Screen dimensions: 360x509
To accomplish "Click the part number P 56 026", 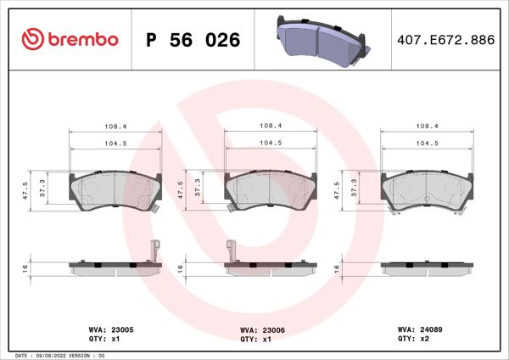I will pos(193,40).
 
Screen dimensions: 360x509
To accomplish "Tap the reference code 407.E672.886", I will pos(445,40).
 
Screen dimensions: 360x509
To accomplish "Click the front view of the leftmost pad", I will pos(115,190).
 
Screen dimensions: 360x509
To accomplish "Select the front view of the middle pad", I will pos(271,190).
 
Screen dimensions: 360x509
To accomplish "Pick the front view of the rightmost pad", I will pos(427,190).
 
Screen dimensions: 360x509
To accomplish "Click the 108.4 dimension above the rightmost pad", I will pos(427,126).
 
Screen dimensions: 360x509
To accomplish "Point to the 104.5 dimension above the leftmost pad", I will pos(115,143).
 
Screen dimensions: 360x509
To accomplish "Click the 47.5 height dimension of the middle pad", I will pos(182,188).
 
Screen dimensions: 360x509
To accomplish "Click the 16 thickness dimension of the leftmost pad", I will pos(25,268).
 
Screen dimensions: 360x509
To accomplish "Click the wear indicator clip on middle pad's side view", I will pos(231,252).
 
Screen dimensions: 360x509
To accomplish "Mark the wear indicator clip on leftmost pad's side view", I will pos(154,252).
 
